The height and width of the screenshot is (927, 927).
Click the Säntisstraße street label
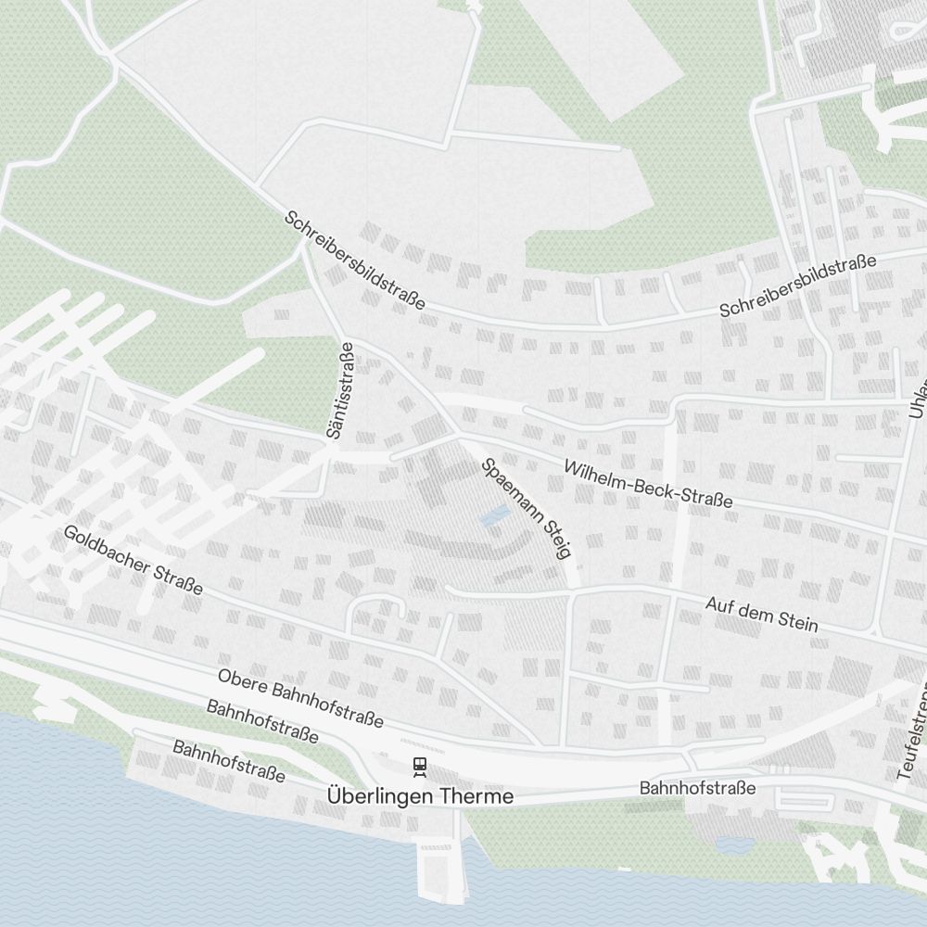341,390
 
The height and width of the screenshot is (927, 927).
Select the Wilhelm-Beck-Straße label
648,485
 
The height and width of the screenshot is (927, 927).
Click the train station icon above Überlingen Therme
420,766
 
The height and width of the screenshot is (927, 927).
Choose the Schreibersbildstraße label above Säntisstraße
355,260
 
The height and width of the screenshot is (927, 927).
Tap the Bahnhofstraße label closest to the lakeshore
229,761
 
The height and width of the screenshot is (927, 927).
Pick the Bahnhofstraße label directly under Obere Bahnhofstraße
262,722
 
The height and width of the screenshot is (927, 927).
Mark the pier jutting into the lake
441,871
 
